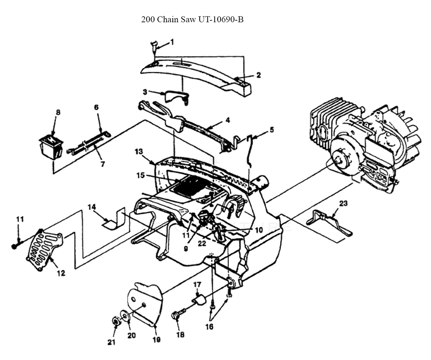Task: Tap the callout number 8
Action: coord(58,112)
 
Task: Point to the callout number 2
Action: coord(258,75)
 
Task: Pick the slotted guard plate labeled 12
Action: coord(44,249)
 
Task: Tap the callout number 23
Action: coord(343,203)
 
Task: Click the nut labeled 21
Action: coord(116,321)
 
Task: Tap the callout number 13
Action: coord(138,152)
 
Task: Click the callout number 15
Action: coord(141,175)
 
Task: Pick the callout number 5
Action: coord(271,129)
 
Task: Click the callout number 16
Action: coord(210,327)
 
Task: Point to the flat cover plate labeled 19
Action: coord(145,306)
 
